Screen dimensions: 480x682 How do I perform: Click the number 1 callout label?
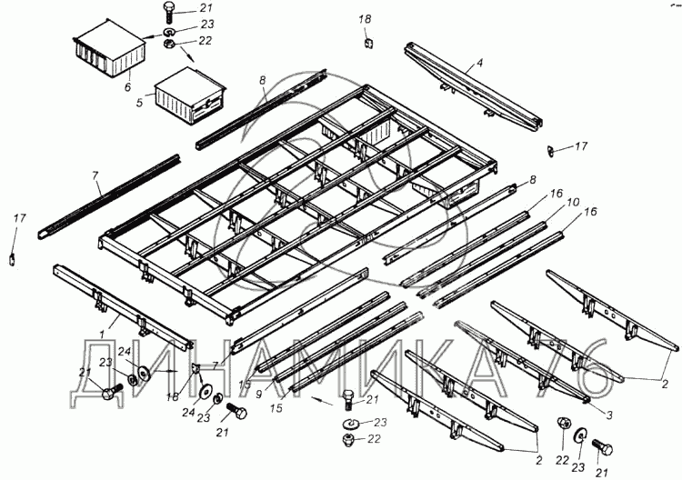[115, 321]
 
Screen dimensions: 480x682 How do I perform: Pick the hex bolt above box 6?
[170, 11]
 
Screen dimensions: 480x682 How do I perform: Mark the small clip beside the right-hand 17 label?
[551, 149]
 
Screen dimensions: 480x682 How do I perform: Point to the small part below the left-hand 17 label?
[13, 257]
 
